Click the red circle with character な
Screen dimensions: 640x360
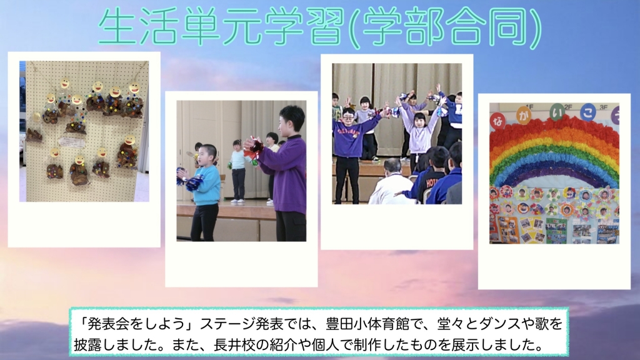497,121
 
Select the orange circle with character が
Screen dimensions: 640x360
524,116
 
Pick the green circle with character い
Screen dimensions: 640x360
557,112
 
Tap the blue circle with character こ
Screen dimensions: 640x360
588,112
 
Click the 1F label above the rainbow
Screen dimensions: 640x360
530,107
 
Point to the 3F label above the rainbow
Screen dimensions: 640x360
604,107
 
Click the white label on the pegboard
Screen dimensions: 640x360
72,142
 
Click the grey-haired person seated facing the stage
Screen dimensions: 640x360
391,183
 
